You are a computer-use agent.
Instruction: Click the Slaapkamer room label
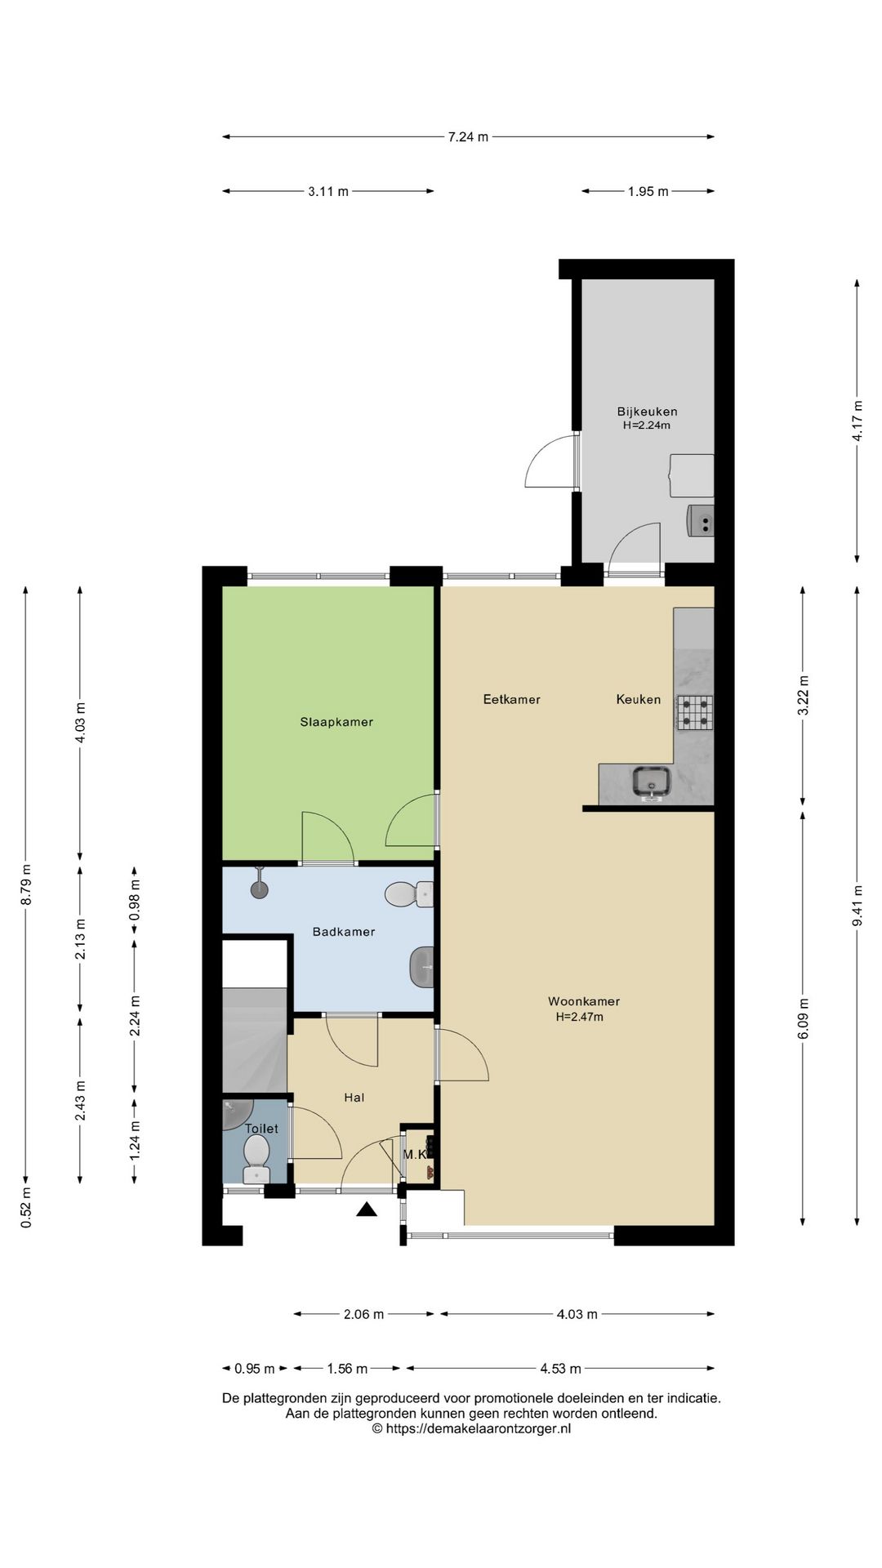click(x=336, y=722)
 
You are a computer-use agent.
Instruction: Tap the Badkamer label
click(x=344, y=932)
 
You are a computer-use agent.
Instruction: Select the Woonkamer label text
click(x=584, y=1001)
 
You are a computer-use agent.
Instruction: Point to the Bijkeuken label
click(x=648, y=412)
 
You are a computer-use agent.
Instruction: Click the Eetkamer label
click(x=512, y=699)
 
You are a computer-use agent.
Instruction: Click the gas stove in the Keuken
click(x=694, y=711)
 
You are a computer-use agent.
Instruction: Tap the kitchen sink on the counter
click(x=653, y=782)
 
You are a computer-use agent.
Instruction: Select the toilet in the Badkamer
click(x=408, y=894)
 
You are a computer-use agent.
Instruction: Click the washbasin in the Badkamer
click(x=421, y=966)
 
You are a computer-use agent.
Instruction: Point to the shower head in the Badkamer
click(x=261, y=885)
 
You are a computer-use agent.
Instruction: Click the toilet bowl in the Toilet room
click(x=256, y=1159)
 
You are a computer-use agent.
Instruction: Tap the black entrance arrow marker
click(x=367, y=1209)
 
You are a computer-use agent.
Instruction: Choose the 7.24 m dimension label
click(x=468, y=137)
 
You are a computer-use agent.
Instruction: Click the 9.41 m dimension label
click(x=857, y=906)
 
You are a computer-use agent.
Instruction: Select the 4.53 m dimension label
click(x=561, y=1369)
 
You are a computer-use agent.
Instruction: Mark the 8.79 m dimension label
click(x=26, y=884)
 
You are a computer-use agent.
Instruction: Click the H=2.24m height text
click(x=648, y=425)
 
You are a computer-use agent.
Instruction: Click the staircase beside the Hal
click(x=255, y=1039)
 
